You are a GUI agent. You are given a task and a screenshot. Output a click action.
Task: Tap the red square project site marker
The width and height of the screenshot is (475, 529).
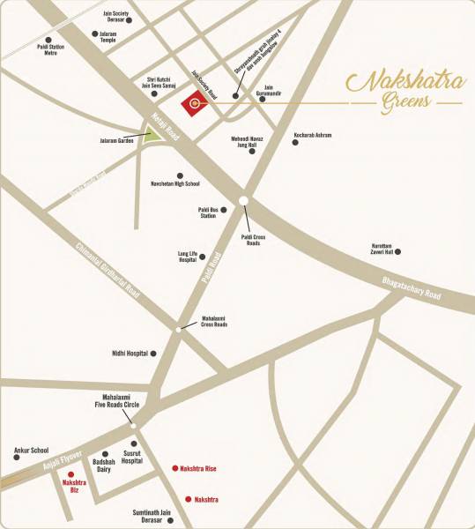point(193,105)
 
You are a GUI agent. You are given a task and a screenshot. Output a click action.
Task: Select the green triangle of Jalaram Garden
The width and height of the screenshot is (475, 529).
point(153,135)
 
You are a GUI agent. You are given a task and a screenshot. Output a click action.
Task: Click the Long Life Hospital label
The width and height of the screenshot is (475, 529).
point(180,257)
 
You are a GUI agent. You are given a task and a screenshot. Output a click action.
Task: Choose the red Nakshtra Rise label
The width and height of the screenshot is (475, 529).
point(199,468)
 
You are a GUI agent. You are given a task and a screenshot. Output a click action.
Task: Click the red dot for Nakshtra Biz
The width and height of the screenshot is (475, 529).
point(71,474)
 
